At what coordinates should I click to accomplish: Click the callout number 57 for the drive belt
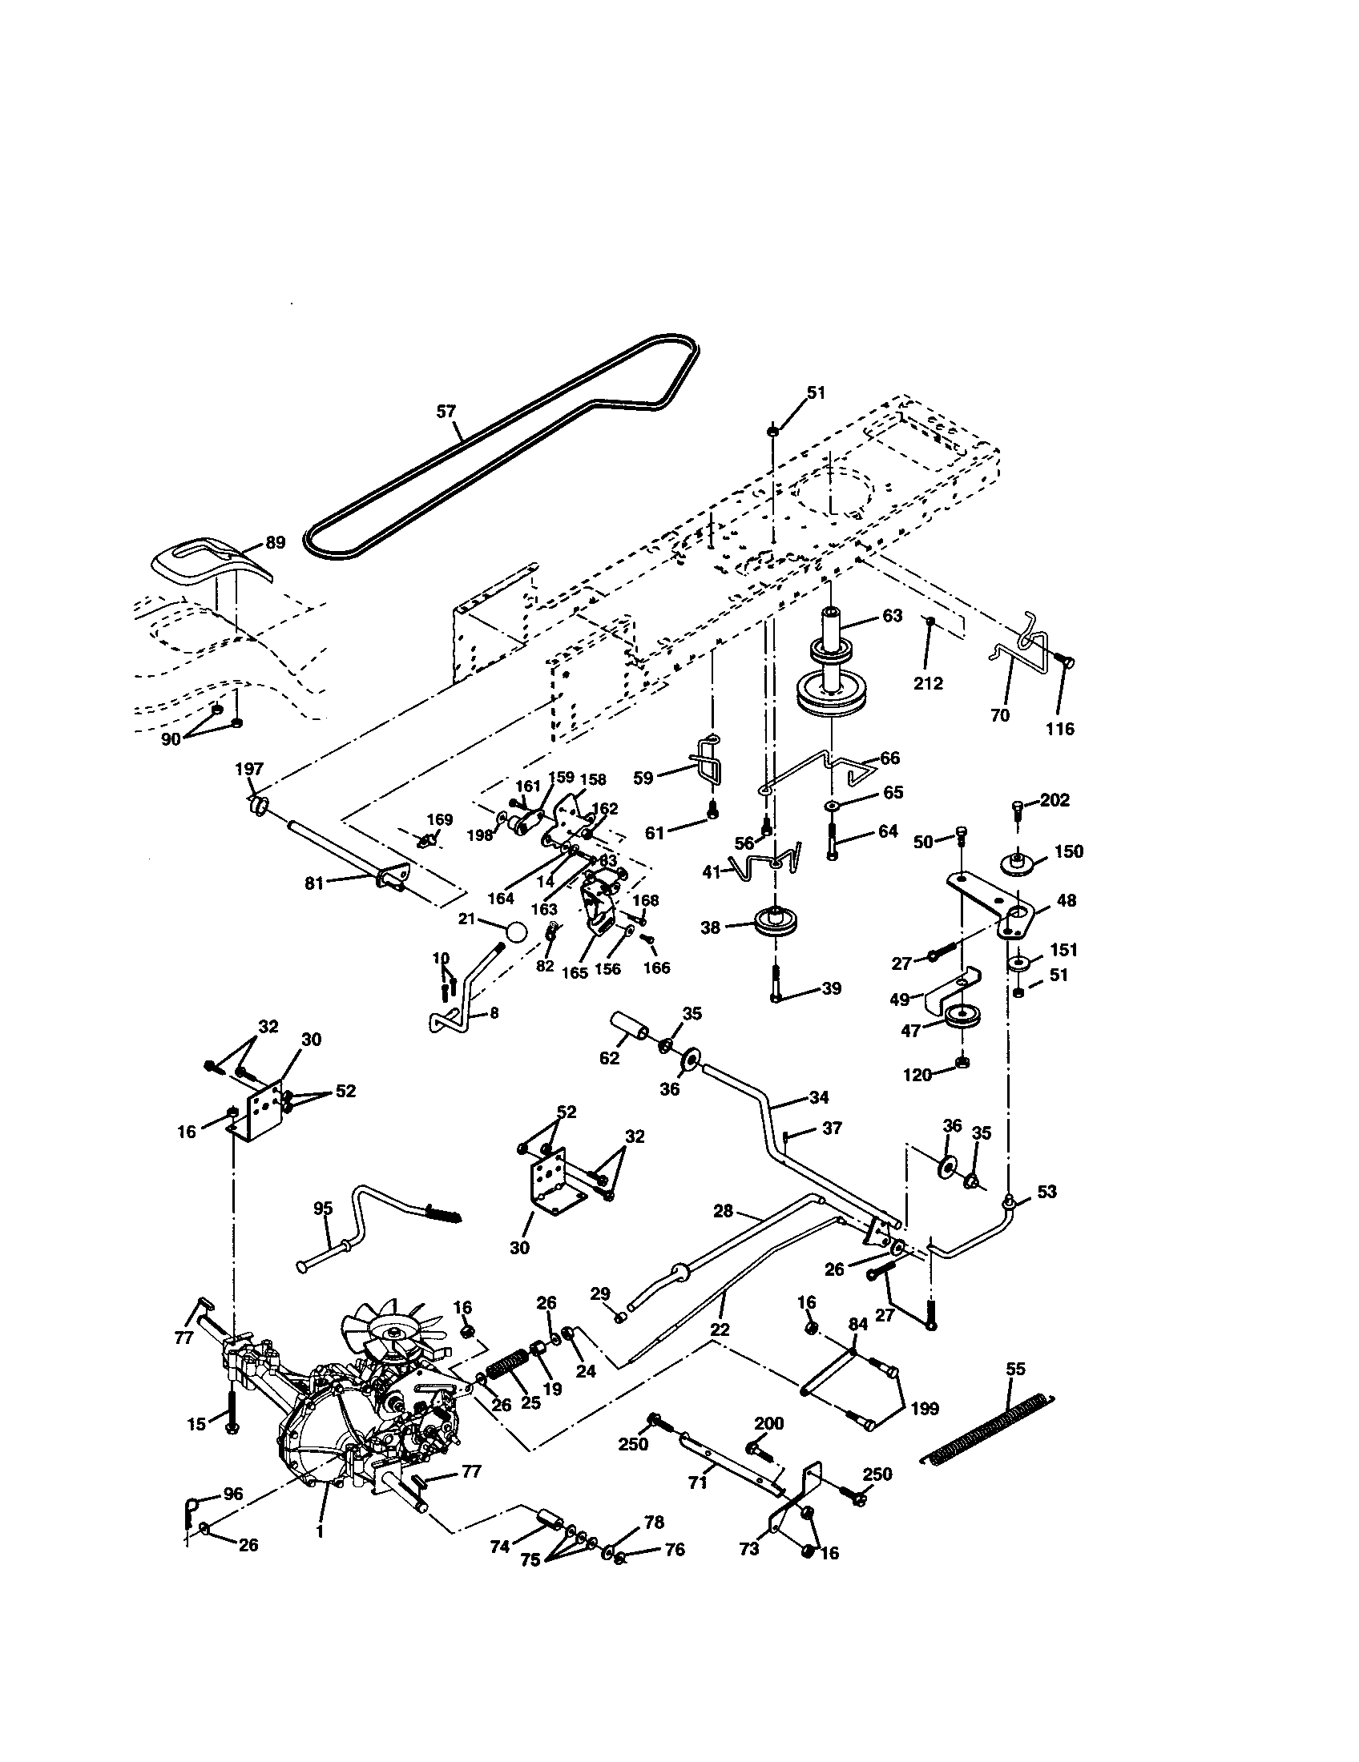446,412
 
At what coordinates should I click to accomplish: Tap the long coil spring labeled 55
989,1426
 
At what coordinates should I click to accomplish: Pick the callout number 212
928,683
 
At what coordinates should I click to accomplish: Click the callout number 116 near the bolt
1059,729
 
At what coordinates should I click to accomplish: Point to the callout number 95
323,1209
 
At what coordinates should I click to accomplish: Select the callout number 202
1055,800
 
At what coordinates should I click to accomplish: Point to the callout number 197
249,769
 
